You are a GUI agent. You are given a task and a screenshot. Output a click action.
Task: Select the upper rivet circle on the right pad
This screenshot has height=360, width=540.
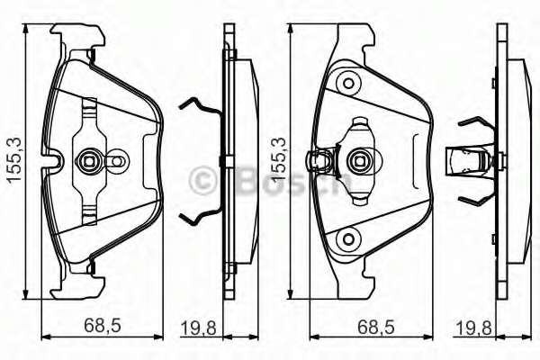click(346, 84)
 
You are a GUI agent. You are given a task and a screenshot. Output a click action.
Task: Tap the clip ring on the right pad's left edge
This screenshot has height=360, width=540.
click(316, 161)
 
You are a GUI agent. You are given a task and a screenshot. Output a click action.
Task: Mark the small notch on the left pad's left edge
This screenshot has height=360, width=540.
click(53, 163)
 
